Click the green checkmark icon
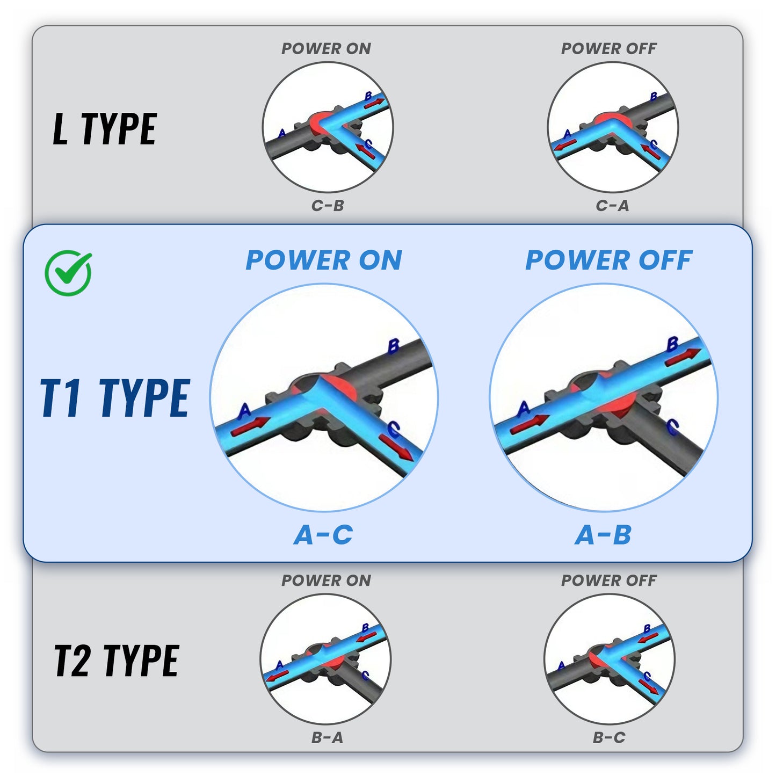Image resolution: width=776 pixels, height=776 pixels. [68, 273]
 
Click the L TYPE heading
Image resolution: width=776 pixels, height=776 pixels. [105, 129]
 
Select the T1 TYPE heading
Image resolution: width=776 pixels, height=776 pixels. [115, 398]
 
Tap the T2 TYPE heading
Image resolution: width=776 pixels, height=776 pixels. [116, 661]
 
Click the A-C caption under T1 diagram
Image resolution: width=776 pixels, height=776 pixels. [323, 535]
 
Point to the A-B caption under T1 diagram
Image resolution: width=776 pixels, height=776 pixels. [603, 535]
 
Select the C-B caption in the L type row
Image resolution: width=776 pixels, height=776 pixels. [327, 206]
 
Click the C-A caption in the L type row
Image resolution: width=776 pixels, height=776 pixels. [612, 206]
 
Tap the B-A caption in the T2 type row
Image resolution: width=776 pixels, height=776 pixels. [327, 738]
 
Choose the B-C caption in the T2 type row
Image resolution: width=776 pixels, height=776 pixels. [609, 738]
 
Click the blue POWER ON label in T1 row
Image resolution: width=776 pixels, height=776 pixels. [324, 260]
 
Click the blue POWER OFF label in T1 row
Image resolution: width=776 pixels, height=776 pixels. [608, 260]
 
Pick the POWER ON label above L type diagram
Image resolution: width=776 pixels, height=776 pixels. [326, 48]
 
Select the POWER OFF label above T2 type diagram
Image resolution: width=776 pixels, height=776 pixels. [608, 581]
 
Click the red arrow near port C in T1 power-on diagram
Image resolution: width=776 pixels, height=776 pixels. [397, 448]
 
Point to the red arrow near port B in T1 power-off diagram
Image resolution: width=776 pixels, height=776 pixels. [683, 357]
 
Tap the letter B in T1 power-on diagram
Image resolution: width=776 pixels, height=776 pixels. [393, 346]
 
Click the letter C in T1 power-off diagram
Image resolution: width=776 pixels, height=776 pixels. [672, 427]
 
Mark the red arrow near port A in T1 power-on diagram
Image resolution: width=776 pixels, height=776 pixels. [248, 426]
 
